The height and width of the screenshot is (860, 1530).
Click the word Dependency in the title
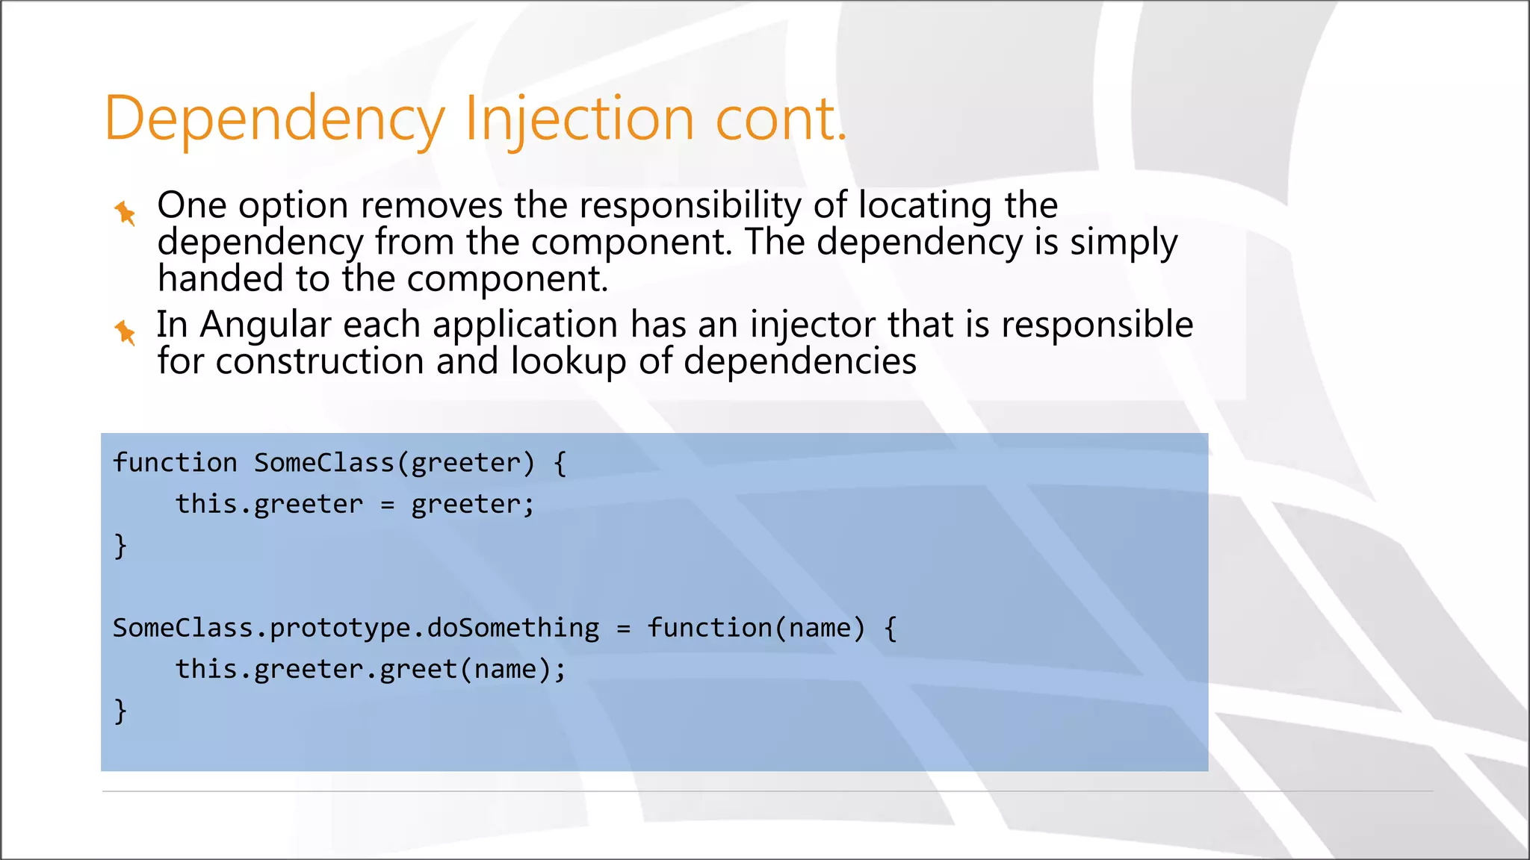[x=274, y=119]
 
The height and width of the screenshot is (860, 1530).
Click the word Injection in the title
[x=580, y=119]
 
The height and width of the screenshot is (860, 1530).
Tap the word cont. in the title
[x=781, y=119]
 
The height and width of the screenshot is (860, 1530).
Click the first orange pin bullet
[x=125, y=213]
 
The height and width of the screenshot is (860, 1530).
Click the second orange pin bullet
[x=125, y=331]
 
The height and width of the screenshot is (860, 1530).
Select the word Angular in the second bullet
[x=265, y=325]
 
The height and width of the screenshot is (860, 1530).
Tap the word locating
[x=925, y=205]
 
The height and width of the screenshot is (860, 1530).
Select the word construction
[x=320, y=362]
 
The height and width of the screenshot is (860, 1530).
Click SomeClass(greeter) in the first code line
[x=394, y=464]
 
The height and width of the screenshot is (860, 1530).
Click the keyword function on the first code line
[x=175, y=464]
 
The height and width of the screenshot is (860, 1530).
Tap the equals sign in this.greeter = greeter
[x=387, y=505]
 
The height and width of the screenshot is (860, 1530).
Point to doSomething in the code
[x=513, y=628]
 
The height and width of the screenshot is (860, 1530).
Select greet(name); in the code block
[x=473, y=670]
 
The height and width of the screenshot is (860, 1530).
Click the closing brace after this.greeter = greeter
[x=120, y=546]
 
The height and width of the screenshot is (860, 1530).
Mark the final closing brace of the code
[x=120, y=710]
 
